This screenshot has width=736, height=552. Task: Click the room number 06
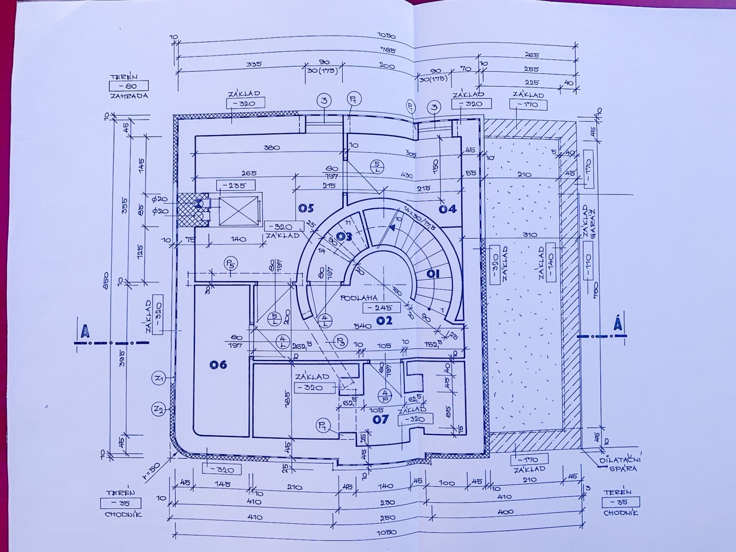(218, 365)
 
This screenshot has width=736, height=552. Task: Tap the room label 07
(381, 419)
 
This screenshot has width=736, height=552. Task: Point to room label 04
(448, 209)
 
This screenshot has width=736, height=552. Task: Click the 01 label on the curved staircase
(433, 274)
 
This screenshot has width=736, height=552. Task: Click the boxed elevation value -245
(381, 308)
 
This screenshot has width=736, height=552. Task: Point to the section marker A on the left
(85, 331)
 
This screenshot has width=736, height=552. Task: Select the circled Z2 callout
(159, 409)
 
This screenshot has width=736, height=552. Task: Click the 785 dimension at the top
(381, 51)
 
